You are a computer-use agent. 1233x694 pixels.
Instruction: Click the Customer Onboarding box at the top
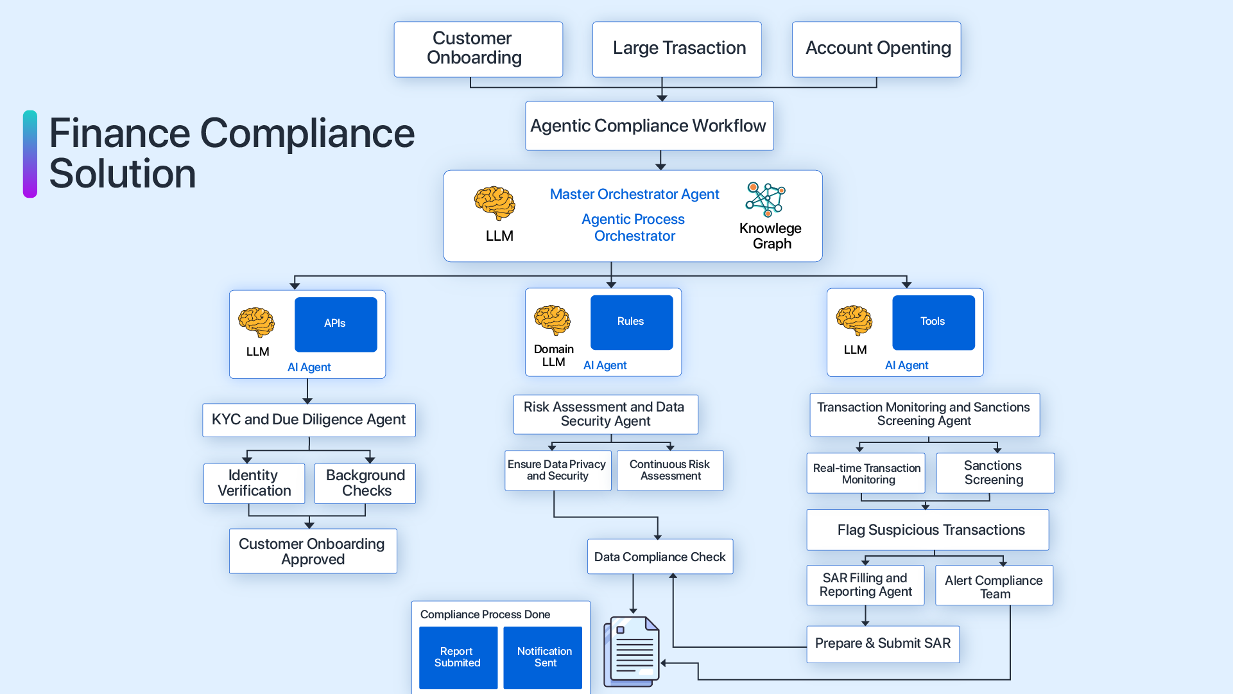tap(478, 49)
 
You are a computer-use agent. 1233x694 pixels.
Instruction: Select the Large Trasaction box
tap(677, 49)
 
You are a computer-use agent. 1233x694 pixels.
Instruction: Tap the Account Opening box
tap(876, 49)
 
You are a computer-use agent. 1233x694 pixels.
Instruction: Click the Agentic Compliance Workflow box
tap(649, 126)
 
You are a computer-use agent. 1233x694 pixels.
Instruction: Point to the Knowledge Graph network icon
tap(765, 199)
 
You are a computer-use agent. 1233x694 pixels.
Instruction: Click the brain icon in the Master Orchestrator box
tap(494, 203)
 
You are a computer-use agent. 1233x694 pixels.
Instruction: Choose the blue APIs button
tap(336, 324)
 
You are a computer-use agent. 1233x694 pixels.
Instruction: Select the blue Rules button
tap(632, 322)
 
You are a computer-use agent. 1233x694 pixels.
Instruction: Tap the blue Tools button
tap(933, 322)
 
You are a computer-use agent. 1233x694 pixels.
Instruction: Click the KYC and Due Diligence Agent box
tap(309, 420)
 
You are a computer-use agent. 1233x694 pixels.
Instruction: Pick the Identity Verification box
tap(254, 483)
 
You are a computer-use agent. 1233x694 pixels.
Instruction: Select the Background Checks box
tap(365, 483)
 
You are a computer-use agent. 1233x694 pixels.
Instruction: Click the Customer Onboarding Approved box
tap(313, 551)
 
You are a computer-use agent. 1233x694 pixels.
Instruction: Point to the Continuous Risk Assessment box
tap(669, 470)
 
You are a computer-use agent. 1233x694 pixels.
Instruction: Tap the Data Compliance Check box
tap(660, 557)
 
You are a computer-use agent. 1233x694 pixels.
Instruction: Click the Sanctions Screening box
tap(995, 473)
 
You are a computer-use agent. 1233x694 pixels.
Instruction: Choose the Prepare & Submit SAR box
tap(883, 644)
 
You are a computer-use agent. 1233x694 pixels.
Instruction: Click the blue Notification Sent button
tap(543, 657)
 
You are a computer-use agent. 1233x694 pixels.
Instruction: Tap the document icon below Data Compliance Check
tap(632, 651)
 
